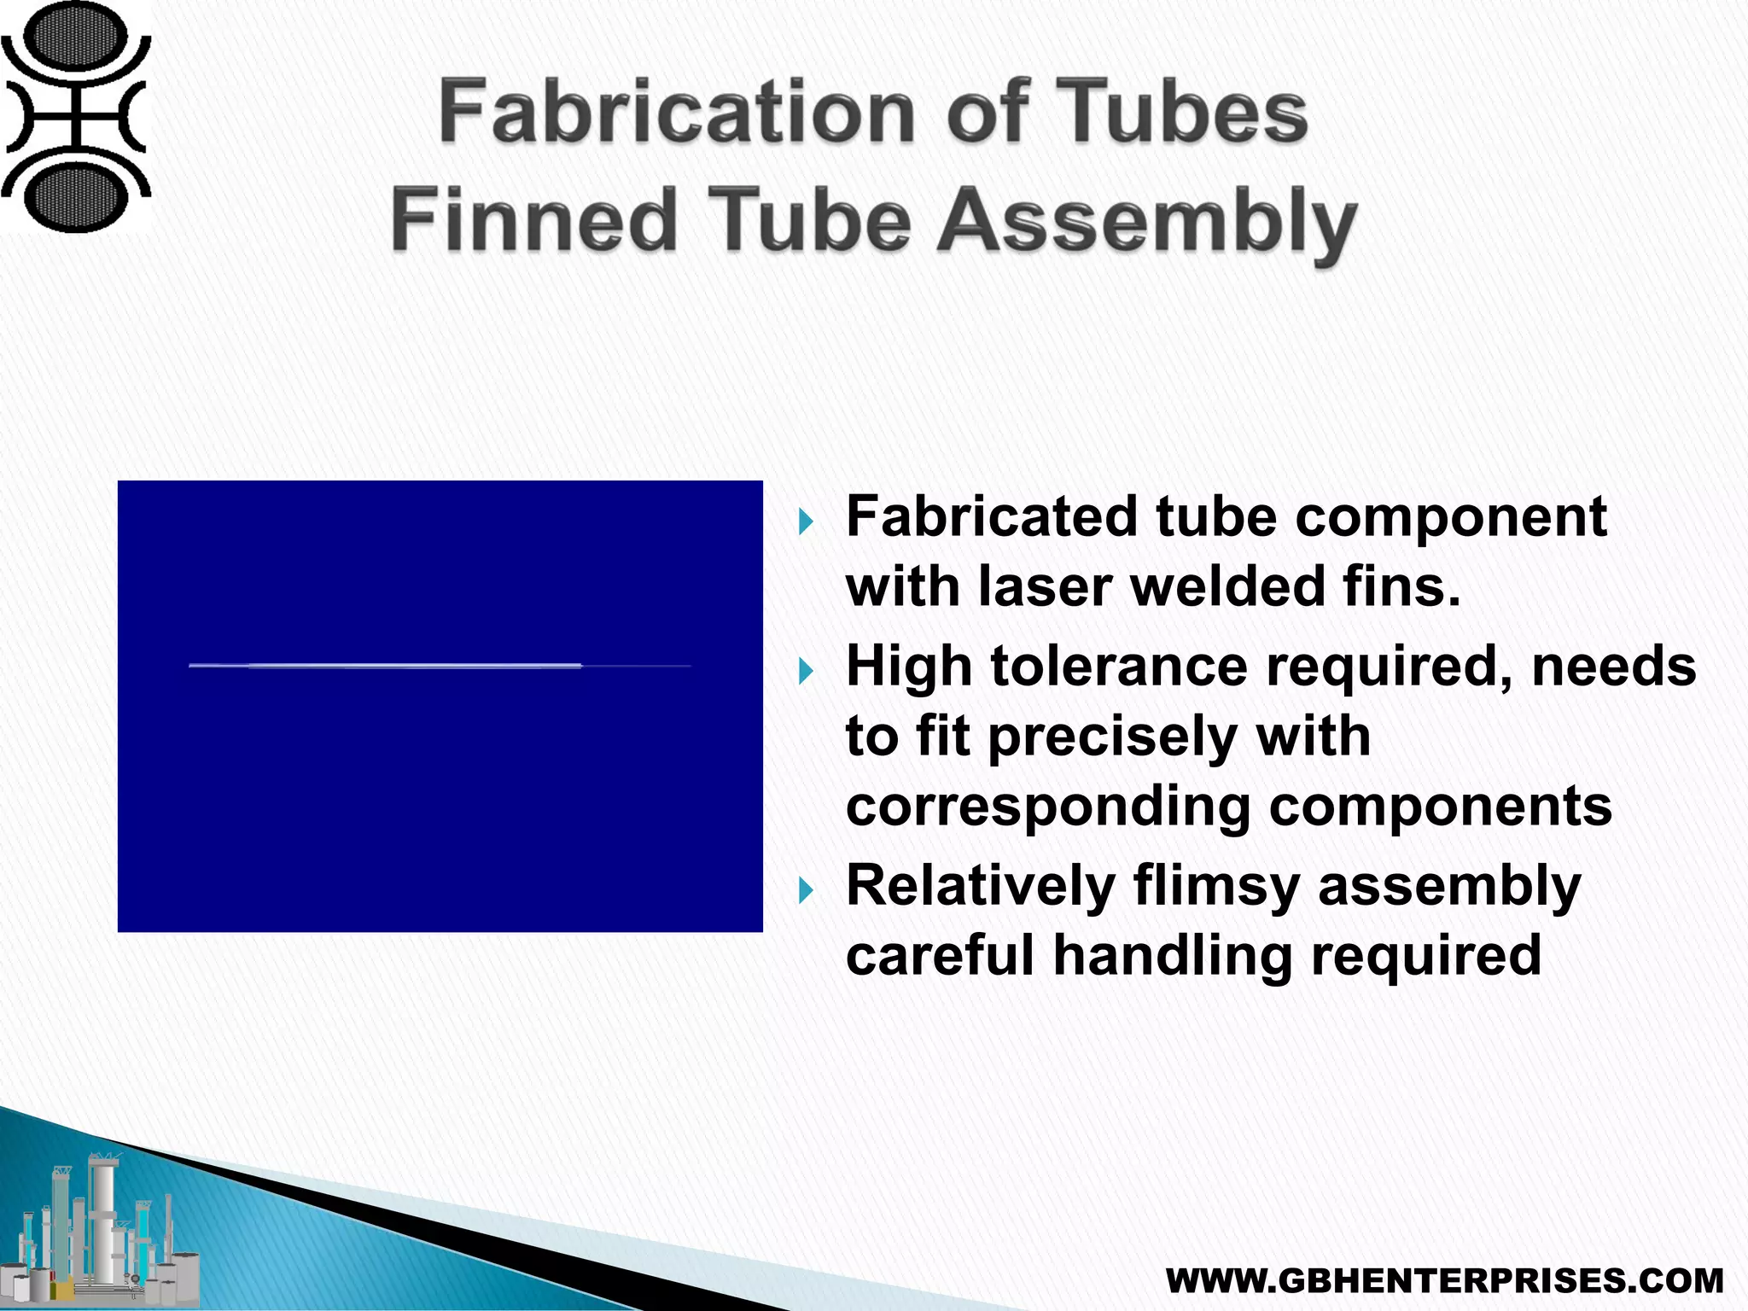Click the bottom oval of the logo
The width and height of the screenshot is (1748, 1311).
76,195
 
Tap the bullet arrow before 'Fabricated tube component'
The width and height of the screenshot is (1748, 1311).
806,521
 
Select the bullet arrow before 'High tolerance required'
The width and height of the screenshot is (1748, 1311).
806,671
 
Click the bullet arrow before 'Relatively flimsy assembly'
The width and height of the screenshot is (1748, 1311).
806,891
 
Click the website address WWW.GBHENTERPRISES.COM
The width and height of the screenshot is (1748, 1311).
1444,1281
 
